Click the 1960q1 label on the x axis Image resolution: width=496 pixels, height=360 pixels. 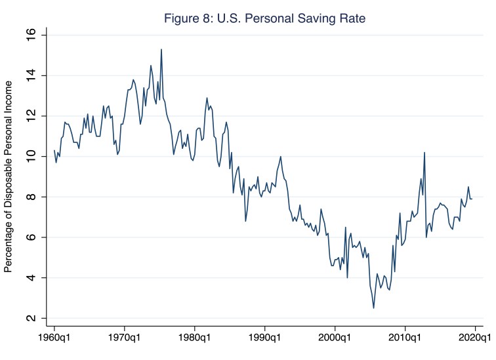[x=54, y=340]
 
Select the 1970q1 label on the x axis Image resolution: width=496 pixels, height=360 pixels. [x=124, y=340]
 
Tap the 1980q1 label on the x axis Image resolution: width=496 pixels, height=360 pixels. [x=194, y=340]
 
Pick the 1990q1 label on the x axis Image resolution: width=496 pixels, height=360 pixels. [x=264, y=340]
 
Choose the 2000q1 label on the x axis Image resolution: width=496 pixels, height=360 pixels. [x=335, y=340]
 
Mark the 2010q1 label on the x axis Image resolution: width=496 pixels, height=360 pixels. [x=405, y=340]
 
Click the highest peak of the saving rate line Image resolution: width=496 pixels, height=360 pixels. [x=161, y=49]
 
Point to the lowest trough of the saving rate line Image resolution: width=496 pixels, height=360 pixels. [x=373, y=308]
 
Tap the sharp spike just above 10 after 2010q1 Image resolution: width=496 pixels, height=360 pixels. [x=424, y=153]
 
